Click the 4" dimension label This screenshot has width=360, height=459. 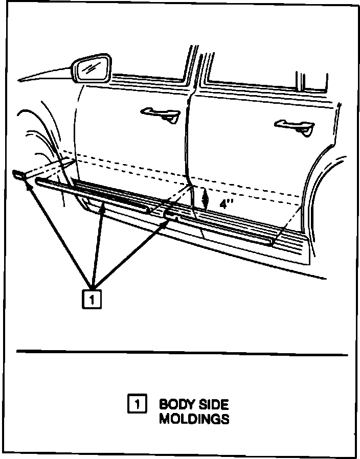226,203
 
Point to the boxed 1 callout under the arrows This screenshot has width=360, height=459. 92,300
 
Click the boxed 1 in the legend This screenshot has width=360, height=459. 137,404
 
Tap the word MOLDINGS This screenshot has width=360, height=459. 194,419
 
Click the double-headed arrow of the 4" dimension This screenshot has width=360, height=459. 205,198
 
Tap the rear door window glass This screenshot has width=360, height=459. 251,72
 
